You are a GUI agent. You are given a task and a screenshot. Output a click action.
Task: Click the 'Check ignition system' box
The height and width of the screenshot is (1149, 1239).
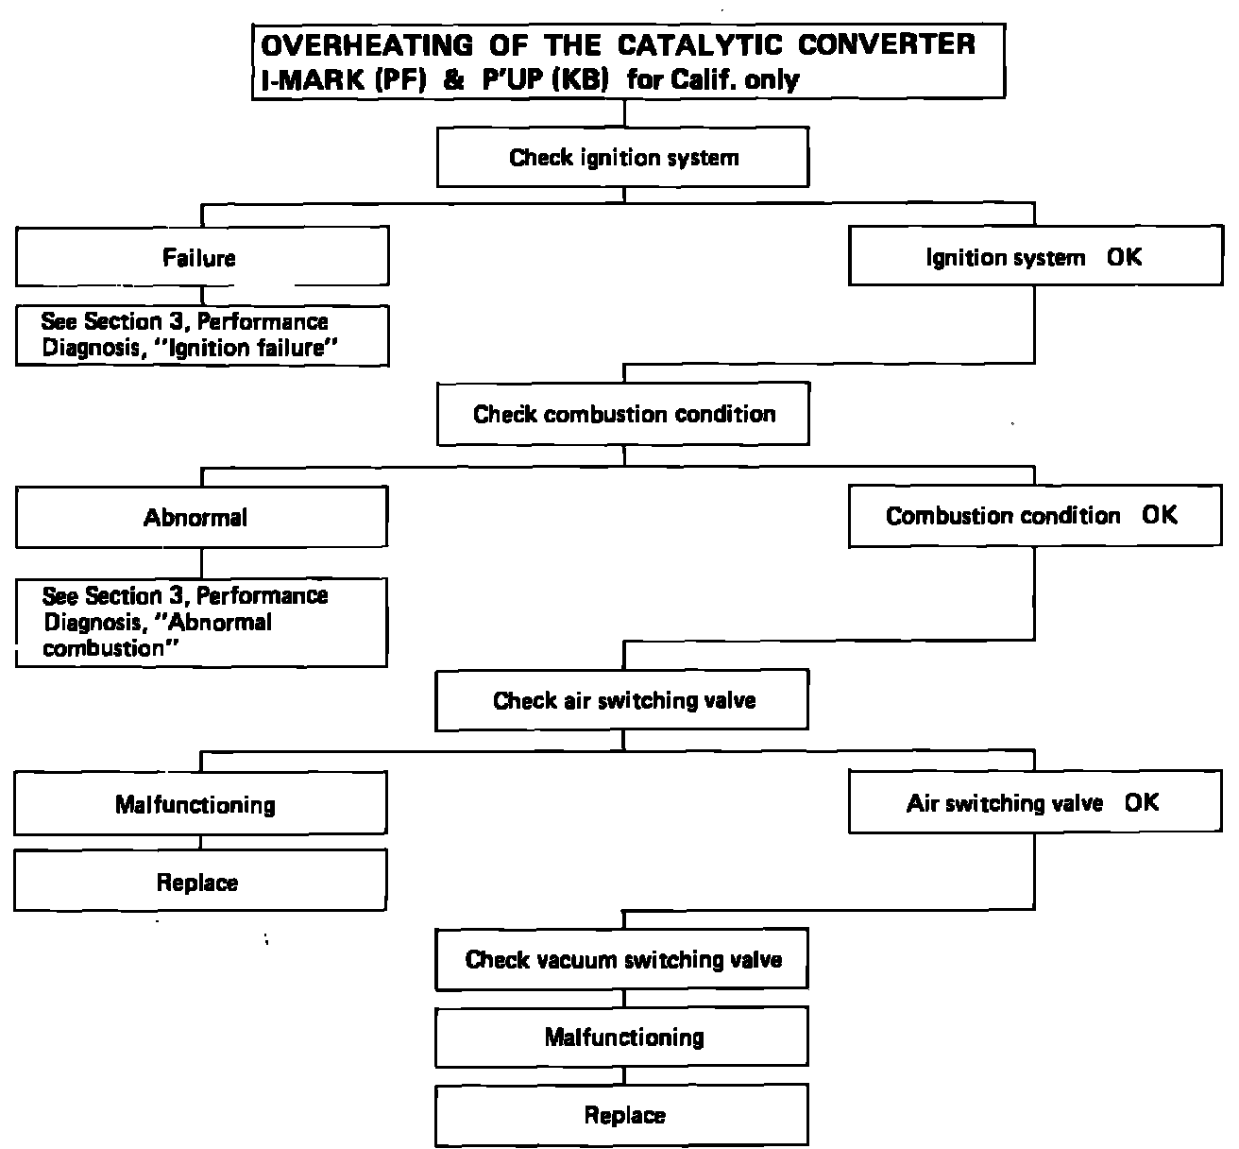point(622,158)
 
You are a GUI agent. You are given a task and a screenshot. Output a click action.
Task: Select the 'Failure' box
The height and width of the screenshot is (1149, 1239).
point(201,258)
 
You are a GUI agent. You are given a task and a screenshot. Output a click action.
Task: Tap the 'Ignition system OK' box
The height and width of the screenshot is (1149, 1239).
point(1034,257)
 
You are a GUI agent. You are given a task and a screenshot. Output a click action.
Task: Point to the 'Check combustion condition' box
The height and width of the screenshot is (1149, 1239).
point(622,414)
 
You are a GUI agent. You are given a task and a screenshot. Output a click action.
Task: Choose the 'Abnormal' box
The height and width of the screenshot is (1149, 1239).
point(200,518)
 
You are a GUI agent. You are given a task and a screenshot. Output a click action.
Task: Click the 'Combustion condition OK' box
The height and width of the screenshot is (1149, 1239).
point(1034,516)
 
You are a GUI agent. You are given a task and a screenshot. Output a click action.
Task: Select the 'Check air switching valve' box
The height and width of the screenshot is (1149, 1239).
point(622,700)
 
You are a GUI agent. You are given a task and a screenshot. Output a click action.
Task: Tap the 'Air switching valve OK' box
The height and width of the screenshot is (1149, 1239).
point(1034,803)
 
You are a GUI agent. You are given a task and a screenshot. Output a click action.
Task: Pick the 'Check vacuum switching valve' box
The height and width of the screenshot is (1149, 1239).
point(622,960)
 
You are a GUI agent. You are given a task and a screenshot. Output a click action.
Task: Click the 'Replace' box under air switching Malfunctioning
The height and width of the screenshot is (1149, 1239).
point(199,883)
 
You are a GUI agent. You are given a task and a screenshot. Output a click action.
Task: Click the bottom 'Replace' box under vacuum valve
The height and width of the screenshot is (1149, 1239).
point(622,1116)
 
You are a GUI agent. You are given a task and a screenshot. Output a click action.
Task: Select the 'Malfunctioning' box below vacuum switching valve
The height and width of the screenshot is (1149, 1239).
point(622,1038)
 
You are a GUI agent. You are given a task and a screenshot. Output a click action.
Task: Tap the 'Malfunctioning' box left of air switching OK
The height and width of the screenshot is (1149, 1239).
point(199,805)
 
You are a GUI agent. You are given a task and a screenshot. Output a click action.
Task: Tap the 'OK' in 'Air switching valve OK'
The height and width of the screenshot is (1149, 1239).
point(1142,803)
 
